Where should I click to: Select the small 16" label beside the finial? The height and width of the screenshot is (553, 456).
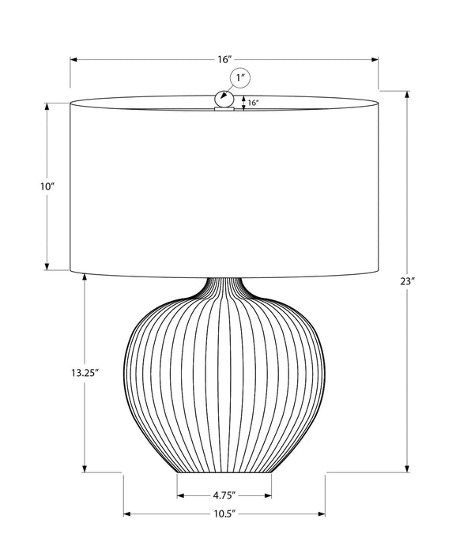pyautogui.click(x=252, y=103)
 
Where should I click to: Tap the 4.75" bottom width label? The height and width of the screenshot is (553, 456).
pyautogui.click(x=224, y=496)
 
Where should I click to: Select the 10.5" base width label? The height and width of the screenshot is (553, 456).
pyautogui.click(x=224, y=514)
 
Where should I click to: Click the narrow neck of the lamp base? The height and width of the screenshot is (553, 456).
pyautogui.click(x=225, y=288)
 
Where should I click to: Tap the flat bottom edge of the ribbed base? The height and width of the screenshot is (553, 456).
pyautogui.click(x=224, y=473)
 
